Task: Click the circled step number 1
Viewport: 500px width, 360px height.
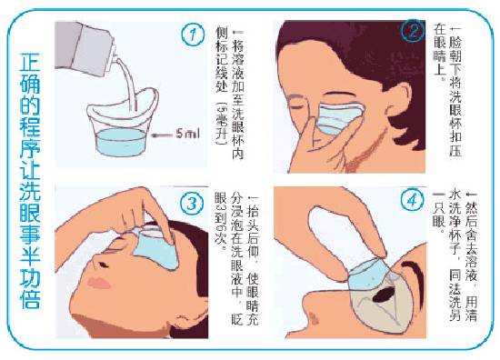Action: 193,36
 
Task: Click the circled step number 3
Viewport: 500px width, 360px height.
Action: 192,204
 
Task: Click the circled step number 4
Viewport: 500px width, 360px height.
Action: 414,199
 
